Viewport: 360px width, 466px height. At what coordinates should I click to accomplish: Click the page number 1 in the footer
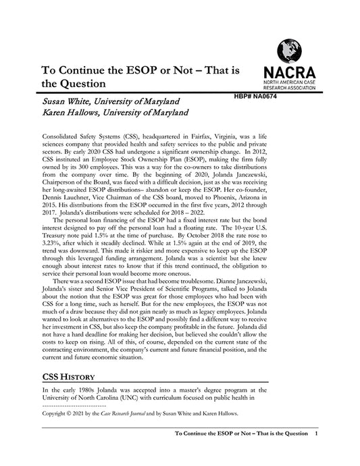point(316,434)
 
